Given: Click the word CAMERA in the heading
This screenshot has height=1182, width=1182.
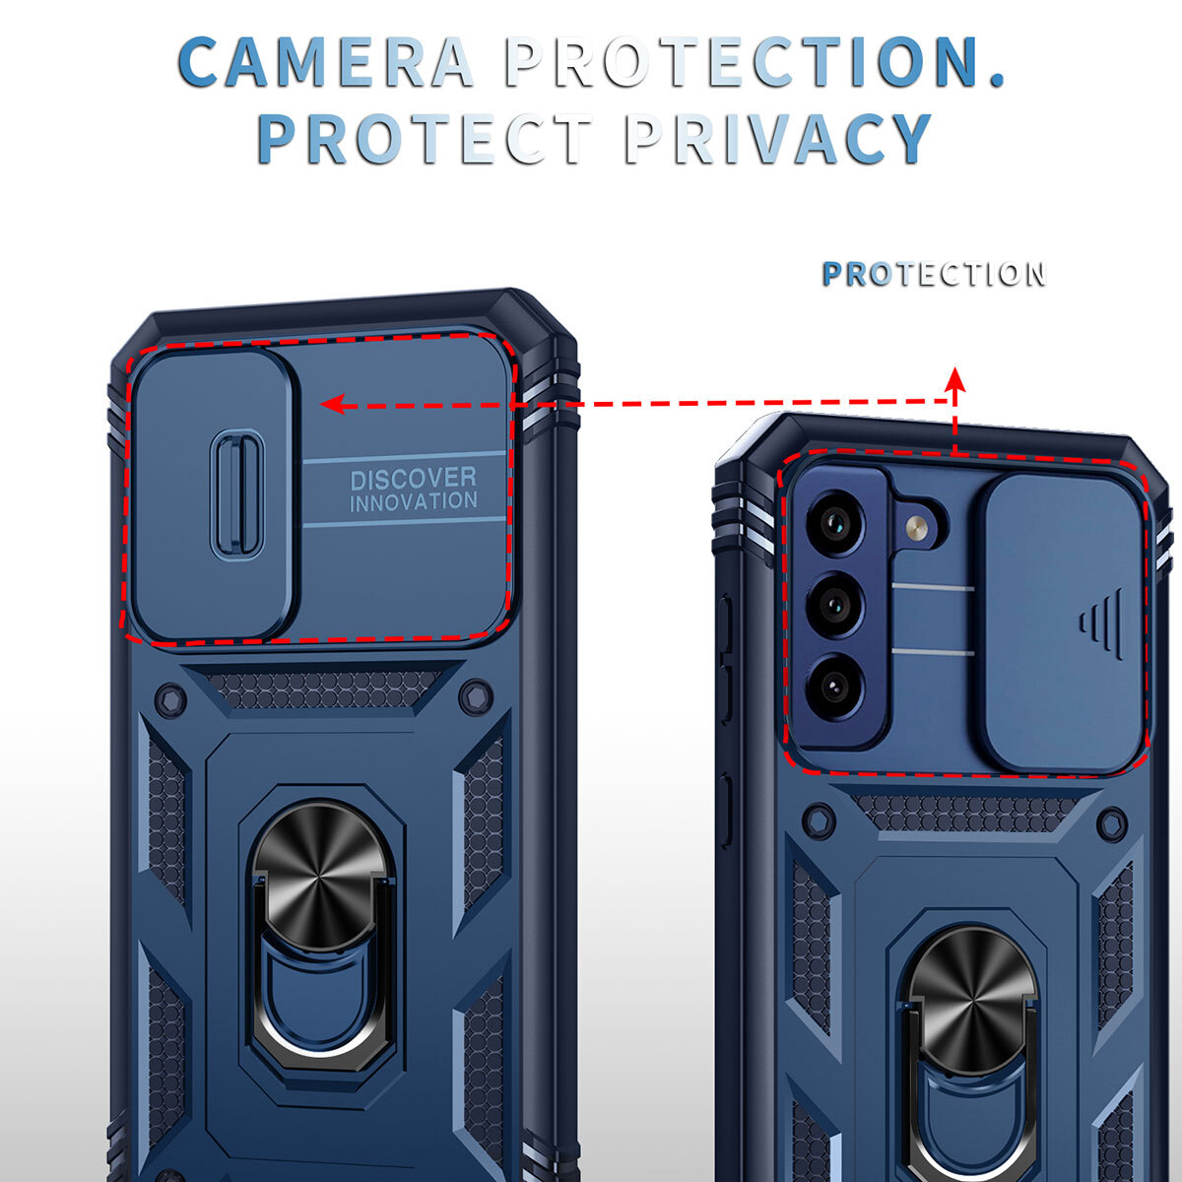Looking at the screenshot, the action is tap(325, 62).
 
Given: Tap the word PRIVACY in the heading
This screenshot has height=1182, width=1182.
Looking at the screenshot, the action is tap(778, 139).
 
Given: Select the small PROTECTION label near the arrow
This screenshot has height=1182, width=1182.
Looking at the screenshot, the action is tap(933, 274).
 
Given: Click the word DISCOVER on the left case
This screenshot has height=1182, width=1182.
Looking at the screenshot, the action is tap(413, 479).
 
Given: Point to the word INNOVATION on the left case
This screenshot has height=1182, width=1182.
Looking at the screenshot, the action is tap(413, 501).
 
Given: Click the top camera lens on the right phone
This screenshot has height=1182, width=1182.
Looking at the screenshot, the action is tap(834, 522).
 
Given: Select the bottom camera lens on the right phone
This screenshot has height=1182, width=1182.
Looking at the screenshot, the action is tap(834, 684).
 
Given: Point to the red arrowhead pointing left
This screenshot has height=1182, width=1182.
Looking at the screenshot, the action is tap(332, 404).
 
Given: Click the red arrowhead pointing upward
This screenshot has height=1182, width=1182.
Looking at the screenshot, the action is tap(953, 377).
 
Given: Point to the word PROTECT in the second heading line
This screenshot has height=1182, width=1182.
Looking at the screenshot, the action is tap(425, 139).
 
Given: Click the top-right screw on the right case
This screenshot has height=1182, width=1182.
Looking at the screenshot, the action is tap(1112, 823).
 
